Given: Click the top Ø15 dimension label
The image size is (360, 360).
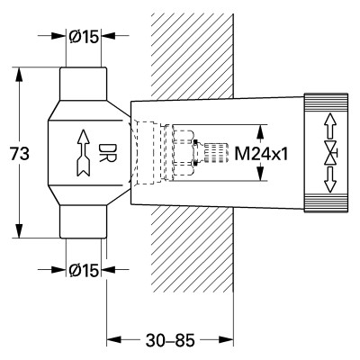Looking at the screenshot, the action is tap(84, 37).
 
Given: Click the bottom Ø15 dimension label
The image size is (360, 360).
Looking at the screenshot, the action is tap(84, 270).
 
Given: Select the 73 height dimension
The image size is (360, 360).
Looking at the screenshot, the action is tap(20, 154).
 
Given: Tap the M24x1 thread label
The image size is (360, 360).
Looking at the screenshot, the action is tap(261, 154).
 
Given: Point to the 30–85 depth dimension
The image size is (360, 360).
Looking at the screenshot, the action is tap(170, 340).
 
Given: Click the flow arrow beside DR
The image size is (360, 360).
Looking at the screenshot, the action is tap(84, 153).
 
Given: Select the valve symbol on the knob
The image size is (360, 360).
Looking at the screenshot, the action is tap(331, 154).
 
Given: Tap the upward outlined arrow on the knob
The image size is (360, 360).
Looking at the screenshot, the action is tap(330, 125).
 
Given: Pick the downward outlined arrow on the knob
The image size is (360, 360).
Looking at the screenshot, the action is tap(330, 180).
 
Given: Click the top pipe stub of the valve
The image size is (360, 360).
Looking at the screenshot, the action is tap(83, 84).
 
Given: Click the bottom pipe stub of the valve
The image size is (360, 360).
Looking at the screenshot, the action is tap(83, 221).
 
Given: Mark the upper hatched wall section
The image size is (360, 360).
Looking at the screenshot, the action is tap(193, 56).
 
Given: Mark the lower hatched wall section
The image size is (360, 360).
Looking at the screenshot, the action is tap(193, 249).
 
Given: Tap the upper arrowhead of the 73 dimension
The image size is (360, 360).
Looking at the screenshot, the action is tap(20, 75).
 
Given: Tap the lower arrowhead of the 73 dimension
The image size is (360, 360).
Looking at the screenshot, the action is tap(20, 231).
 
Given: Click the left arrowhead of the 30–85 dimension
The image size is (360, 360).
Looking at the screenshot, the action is tap(114, 339).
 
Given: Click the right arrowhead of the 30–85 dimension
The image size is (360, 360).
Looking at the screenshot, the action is tap(227, 339).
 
